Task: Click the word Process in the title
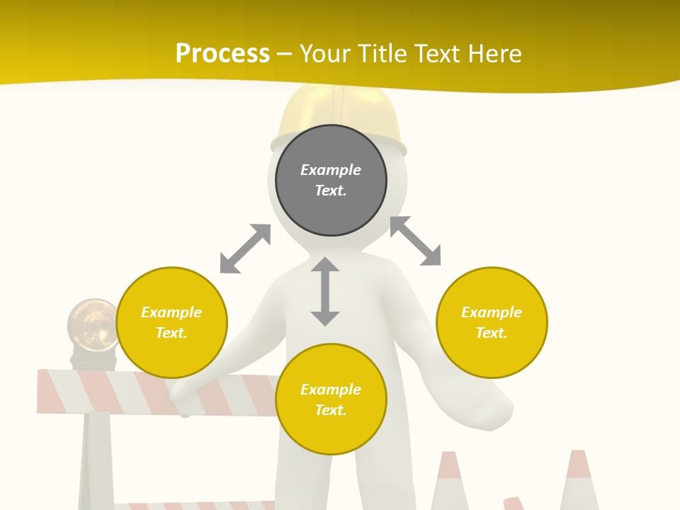(x=222, y=53)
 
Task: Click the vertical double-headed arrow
(x=325, y=291)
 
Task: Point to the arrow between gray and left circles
(x=245, y=249)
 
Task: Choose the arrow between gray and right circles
(x=415, y=241)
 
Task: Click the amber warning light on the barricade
(x=92, y=326)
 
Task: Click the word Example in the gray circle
(x=331, y=170)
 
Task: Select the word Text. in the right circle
(x=492, y=333)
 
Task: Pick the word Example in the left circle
(x=171, y=312)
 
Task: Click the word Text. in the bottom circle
(x=331, y=410)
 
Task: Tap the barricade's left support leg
(x=96, y=460)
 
